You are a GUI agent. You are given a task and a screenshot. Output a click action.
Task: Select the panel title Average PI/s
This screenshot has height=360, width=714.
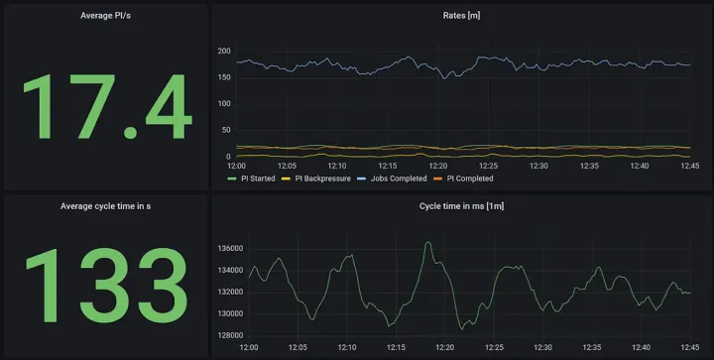(105, 15)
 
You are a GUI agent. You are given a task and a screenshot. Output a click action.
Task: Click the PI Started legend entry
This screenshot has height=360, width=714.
(254, 179)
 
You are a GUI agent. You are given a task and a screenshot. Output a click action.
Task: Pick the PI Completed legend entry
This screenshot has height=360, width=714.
(466, 179)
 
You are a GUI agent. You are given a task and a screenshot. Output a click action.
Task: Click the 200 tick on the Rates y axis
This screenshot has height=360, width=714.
(223, 51)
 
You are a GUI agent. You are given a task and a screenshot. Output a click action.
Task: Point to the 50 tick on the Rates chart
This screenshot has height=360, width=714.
(225, 130)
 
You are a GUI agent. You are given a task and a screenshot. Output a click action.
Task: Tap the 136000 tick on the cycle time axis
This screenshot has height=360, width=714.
(229, 248)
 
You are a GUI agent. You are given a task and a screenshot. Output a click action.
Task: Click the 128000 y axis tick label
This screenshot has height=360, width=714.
(229, 335)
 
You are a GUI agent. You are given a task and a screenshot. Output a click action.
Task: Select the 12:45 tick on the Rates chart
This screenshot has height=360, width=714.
(690, 166)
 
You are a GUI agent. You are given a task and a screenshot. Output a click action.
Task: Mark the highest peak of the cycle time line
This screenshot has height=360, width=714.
(428, 242)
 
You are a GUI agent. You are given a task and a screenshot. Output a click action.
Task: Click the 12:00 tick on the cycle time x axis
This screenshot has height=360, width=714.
(248, 347)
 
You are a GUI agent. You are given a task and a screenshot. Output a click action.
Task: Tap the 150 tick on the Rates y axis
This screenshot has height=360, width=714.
(223, 77)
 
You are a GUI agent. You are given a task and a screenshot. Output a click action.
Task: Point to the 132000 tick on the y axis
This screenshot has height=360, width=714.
(229, 292)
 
